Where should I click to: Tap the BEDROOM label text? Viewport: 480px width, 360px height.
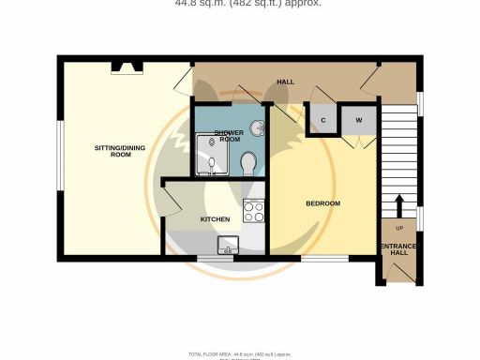(x=322, y=203)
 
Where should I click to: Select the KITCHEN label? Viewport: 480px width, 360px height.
(x=215, y=218)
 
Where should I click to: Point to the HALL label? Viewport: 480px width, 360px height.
(x=285, y=82)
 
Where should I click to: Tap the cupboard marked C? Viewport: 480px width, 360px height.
(x=323, y=120)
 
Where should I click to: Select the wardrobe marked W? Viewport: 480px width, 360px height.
(x=358, y=120)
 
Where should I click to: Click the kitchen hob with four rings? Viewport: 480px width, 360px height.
(x=253, y=212)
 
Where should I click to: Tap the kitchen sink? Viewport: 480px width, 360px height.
(x=229, y=245)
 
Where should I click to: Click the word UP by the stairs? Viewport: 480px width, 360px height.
(x=397, y=228)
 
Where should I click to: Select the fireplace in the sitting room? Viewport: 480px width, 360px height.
(x=126, y=66)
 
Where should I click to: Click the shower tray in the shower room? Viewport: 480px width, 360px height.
(x=210, y=155)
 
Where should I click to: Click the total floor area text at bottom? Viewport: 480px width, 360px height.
(x=240, y=353)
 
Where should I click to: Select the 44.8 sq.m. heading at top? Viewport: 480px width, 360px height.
(x=248, y=4)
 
